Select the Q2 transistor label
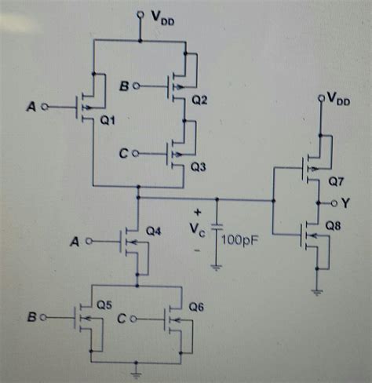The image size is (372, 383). [200, 100]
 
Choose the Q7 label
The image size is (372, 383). [335, 181]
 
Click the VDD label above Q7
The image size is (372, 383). [340, 98]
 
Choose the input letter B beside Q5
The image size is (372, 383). [31, 319]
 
